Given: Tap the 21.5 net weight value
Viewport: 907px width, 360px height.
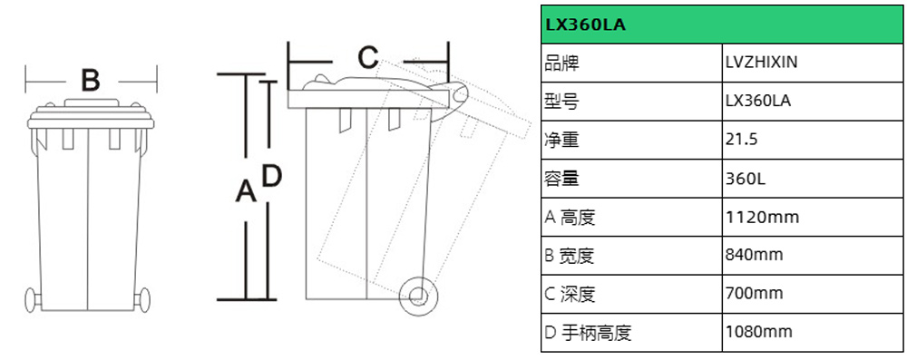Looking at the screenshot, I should [741, 140].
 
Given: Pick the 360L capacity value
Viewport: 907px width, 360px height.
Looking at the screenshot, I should [746, 179].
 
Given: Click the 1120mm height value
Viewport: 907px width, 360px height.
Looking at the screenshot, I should [763, 217].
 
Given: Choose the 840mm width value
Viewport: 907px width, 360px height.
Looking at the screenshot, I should [755, 255].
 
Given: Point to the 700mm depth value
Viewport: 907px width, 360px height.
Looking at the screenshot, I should [755, 294].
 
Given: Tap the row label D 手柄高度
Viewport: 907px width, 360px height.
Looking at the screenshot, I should [587, 332].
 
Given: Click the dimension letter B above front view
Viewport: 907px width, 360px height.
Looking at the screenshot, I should [90, 80].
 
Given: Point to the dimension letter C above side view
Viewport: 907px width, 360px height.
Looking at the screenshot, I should [366, 58].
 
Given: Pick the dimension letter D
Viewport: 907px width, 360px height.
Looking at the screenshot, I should [272, 176].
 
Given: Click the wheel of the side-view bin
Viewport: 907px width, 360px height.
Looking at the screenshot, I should [417, 295].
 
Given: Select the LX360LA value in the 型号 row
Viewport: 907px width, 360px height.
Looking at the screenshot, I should [758, 102].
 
